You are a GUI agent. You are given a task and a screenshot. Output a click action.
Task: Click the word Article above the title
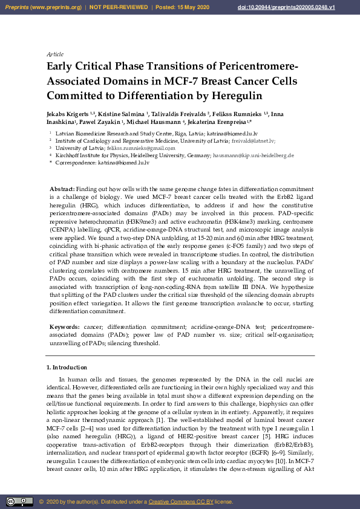point(54,54)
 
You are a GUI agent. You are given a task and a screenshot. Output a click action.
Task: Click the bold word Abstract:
point(62,189)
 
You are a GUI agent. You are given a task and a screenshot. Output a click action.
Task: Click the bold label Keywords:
point(64,326)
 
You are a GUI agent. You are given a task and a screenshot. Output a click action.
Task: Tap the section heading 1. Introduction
point(67,367)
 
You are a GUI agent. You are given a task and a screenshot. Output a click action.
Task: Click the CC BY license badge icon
point(19,501)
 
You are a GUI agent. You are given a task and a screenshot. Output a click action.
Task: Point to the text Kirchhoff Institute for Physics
point(88,155)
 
